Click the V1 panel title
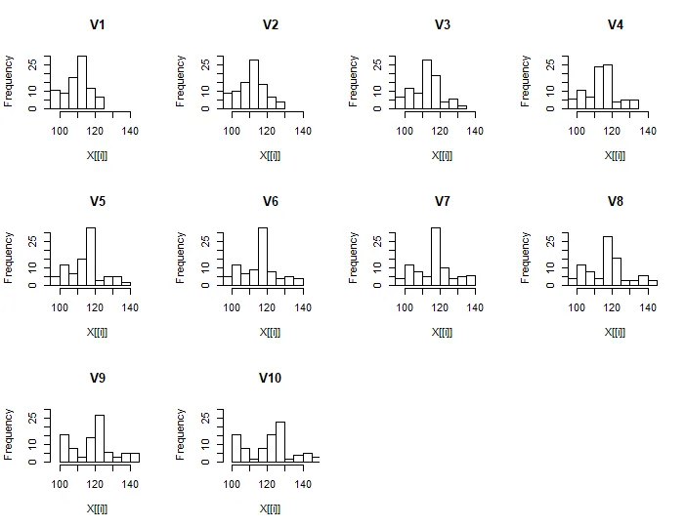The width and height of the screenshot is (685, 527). pos(98,24)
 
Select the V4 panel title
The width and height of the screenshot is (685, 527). pos(615,24)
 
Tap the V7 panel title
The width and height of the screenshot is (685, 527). pos(443,201)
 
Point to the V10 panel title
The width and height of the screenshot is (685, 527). pos(270,378)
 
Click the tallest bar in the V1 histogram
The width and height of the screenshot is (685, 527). pos(82,82)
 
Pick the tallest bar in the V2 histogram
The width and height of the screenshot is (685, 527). pos(254,84)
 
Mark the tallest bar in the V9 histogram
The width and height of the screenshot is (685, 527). pos(100,438)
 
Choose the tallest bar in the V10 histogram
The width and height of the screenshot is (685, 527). pos(280,442)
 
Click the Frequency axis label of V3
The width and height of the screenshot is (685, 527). pos(354,80)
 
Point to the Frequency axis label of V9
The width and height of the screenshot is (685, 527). pos(9,433)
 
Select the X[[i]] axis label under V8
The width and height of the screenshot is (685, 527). pos(615,332)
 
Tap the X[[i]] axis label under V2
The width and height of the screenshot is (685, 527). pos(270,155)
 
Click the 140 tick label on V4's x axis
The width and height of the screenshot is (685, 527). pos(647,130)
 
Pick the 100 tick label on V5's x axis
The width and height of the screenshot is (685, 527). pos(60,306)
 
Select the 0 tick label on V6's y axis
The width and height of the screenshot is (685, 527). pos(204,285)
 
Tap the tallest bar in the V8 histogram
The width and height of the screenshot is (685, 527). pos(608,261)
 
